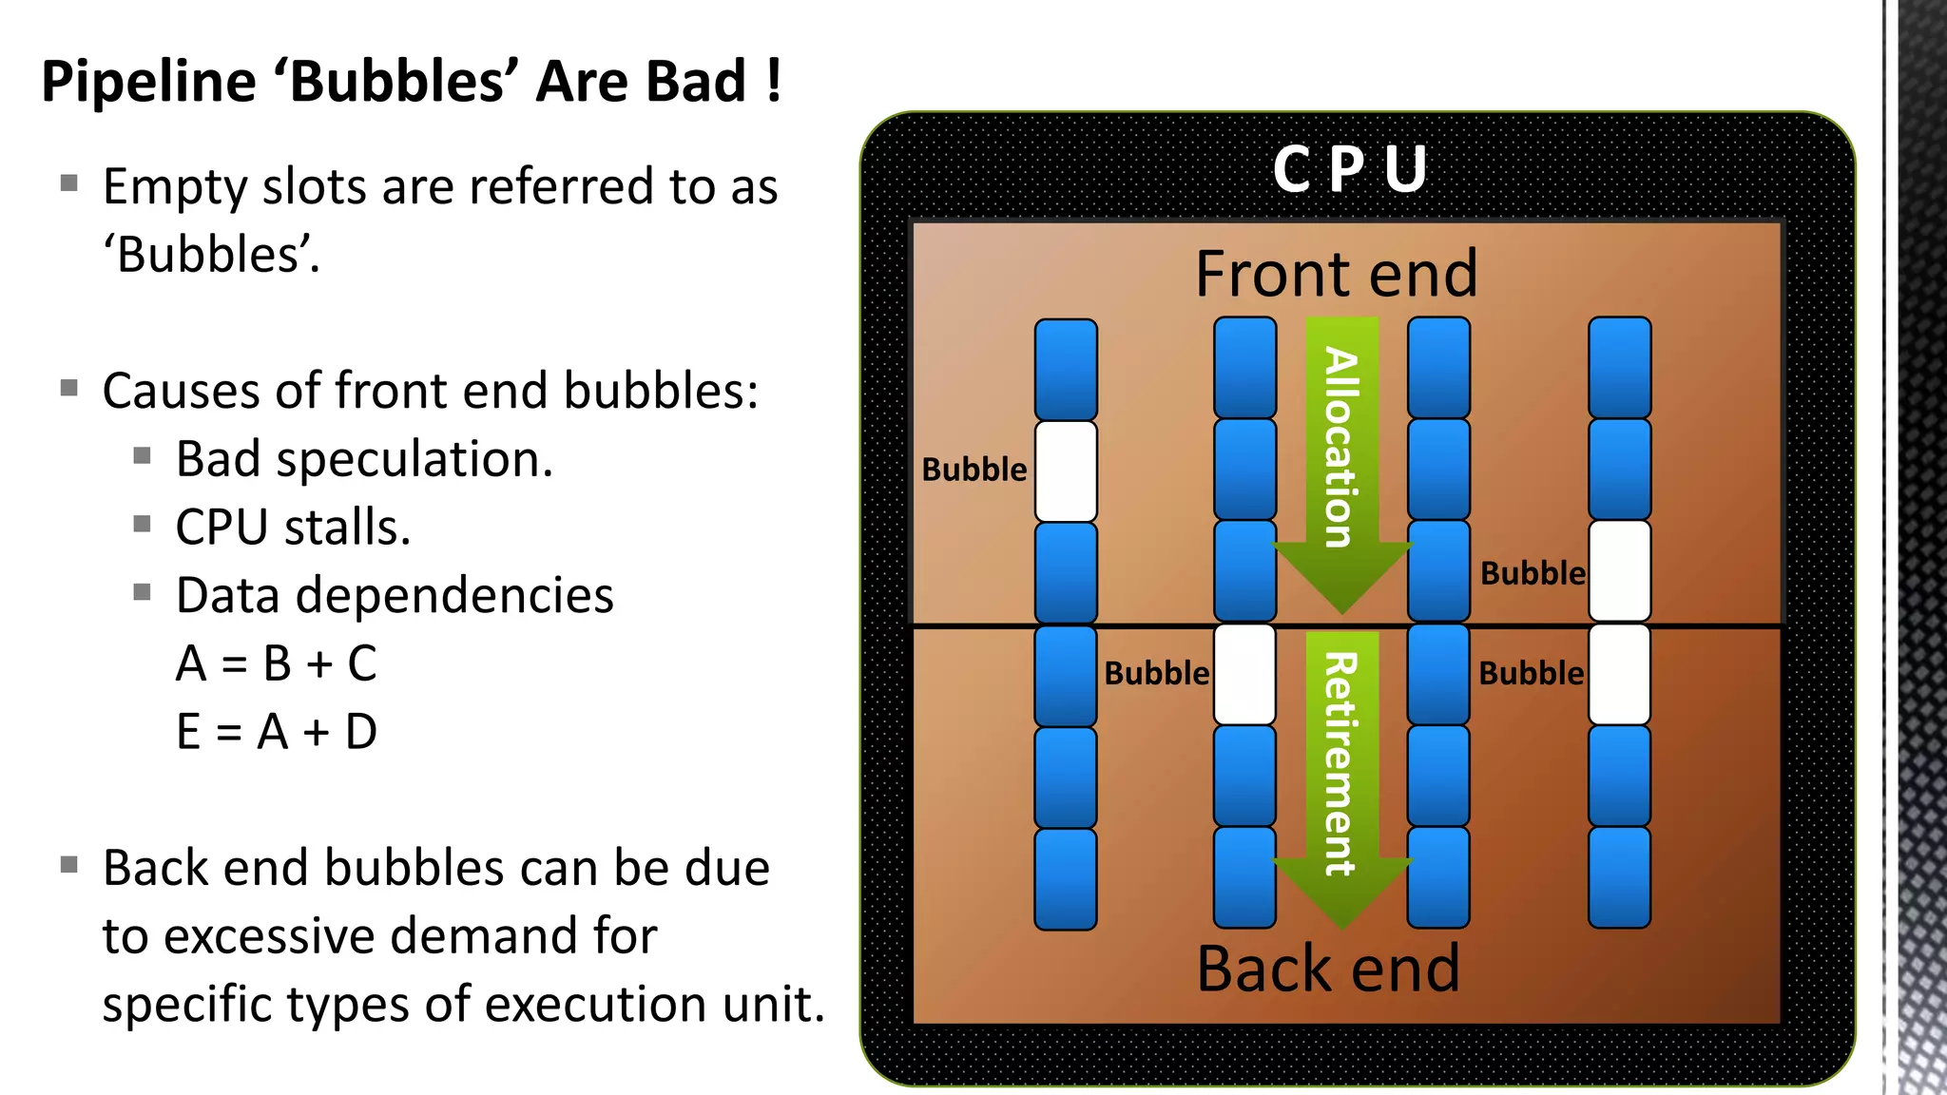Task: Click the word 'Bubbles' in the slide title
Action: tap(398, 81)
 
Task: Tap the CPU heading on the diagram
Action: tap(1350, 169)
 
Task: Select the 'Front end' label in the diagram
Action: tap(1336, 274)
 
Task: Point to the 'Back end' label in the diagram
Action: tap(1328, 969)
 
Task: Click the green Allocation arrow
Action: tap(1341, 466)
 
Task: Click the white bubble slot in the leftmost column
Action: tap(1066, 471)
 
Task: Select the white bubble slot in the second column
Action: tap(1244, 674)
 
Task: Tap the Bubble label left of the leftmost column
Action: tap(974, 470)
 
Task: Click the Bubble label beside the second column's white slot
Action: tap(1156, 674)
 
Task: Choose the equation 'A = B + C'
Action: tap(277, 663)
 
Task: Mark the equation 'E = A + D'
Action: tap(277, 732)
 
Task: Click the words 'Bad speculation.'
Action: tap(364, 459)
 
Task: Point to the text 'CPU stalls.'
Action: tap(293, 528)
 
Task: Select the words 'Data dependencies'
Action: tap(395, 596)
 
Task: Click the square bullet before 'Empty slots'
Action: tap(68, 182)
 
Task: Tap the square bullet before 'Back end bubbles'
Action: tap(68, 864)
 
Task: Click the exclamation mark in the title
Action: tap(774, 81)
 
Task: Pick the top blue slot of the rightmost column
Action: tap(1619, 368)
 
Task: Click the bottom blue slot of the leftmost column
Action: tap(1066, 878)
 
